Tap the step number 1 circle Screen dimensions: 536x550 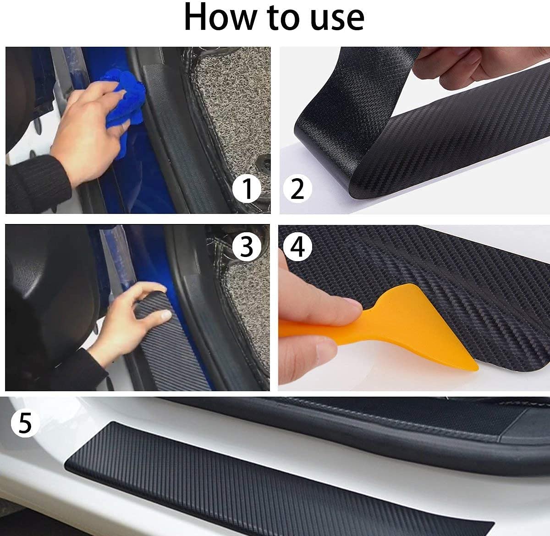coord(246,189)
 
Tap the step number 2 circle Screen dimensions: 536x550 coord(297,189)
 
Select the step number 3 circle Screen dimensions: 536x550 coord(247,247)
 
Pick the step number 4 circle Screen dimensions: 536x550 coord(297,247)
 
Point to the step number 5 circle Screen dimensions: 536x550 coord(25,423)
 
